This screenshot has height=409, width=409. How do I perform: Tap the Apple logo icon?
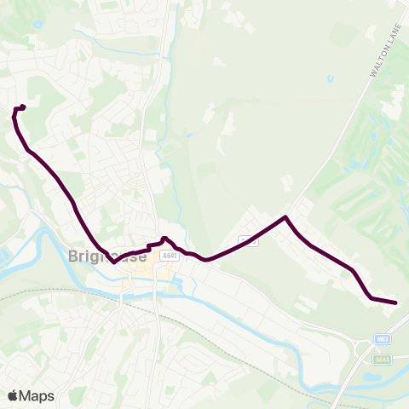point(13,395)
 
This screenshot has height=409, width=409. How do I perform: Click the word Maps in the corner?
point(37,395)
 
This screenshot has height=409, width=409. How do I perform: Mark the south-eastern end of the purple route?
point(395,302)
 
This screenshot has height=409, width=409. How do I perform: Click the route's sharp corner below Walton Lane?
point(285,217)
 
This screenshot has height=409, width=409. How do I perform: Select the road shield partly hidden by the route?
point(247,241)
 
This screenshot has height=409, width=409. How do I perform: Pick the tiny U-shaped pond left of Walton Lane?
point(330,81)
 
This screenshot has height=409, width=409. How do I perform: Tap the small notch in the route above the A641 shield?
point(164,239)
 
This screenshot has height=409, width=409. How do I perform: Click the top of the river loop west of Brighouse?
point(38,221)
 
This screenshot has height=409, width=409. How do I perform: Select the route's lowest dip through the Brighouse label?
point(113,262)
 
